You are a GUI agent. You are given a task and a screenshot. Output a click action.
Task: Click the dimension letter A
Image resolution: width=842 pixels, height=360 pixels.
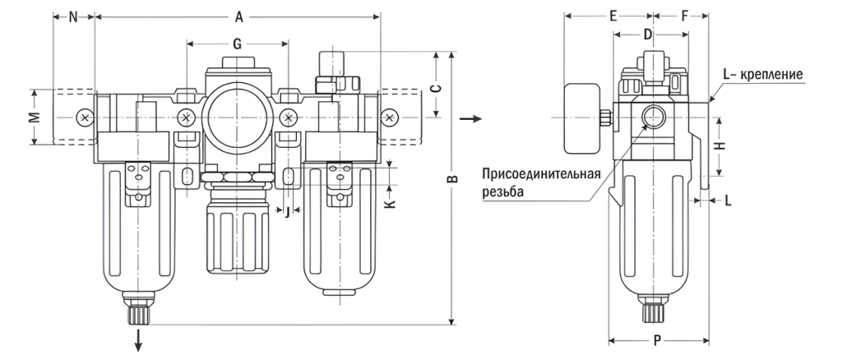(x=239, y=16)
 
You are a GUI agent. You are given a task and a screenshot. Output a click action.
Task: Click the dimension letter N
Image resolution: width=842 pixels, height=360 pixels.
(x=73, y=16)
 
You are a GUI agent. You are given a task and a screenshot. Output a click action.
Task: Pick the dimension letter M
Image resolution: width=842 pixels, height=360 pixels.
(x=34, y=117)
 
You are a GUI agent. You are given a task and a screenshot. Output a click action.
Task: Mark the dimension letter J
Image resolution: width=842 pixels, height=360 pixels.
(x=286, y=212)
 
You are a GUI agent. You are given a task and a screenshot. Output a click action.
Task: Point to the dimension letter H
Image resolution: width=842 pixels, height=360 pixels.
(x=719, y=145)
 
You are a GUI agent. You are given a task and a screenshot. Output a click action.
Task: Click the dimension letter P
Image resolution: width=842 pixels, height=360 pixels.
(x=658, y=340)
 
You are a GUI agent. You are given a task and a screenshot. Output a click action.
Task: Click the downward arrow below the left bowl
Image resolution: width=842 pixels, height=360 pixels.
(x=139, y=339)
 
